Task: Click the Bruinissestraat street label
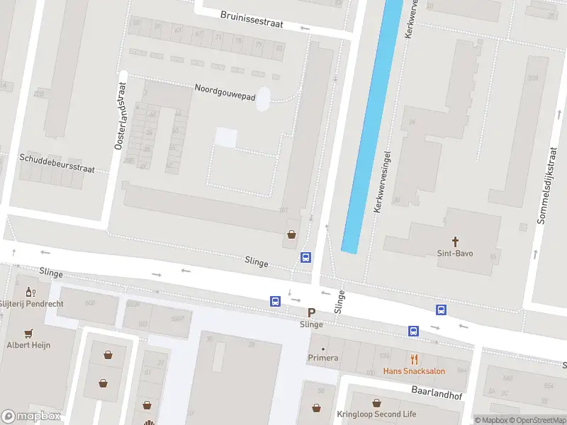[252, 19]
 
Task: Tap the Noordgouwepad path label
[225, 92]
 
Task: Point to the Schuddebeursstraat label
[57, 164]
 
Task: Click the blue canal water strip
[370, 127]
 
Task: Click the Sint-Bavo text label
[455, 253]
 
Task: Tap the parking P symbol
[311, 312]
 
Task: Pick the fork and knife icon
[415, 359]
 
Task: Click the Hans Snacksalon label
[415, 370]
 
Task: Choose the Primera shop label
[322, 358]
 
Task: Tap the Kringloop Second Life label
[376, 414]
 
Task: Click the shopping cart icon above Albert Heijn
[28, 333]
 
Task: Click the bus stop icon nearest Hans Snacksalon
[413, 331]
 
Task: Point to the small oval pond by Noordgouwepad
[263, 99]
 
